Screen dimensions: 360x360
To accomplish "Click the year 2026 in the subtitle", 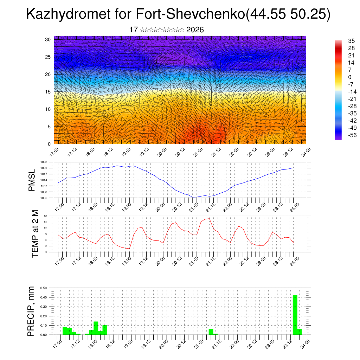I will [x=195, y=30].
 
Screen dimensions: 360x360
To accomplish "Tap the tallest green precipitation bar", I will [x=295, y=315].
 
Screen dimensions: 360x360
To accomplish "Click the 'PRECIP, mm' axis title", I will [x=32, y=311].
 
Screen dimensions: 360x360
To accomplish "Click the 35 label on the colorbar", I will [x=351, y=40].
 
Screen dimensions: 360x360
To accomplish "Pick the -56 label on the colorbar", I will [x=352, y=135].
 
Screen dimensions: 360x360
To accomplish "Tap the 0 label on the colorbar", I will [x=349, y=77].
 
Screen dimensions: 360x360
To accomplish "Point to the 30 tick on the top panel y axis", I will [x=48, y=39].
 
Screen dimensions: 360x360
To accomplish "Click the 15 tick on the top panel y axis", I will [x=48, y=92].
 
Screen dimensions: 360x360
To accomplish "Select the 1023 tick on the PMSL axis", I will [x=44, y=162].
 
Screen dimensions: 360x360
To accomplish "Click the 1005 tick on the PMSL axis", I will [x=44, y=198].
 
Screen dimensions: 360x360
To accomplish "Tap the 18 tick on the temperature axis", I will [x=46, y=216].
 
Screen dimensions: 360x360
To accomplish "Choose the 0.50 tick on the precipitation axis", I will [x=44, y=288].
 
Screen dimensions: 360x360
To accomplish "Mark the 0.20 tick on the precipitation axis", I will [x=44, y=316].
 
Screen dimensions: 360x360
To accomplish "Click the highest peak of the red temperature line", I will [x=210, y=219].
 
